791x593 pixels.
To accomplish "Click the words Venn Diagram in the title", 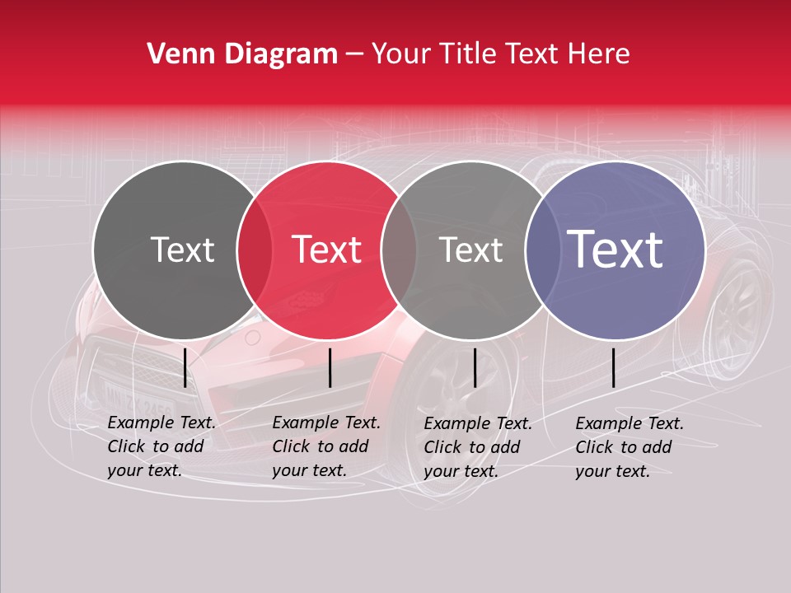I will click(x=242, y=54).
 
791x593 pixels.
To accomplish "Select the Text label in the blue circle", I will click(x=615, y=250).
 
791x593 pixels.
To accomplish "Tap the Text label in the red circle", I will click(x=327, y=250).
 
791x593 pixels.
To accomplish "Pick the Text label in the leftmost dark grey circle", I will click(x=182, y=250).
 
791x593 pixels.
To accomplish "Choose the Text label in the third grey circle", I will click(x=470, y=250).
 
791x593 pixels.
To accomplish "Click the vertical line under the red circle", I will click(x=330, y=367).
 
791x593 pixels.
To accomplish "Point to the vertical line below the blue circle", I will click(x=613, y=367).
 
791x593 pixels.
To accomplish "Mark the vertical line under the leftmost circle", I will click(x=185, y=367).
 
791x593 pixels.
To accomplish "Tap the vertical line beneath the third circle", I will click(x=475, y=367).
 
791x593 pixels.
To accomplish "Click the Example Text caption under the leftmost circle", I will click(x=161, y=446).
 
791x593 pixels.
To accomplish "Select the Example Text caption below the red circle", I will click(x=326, y=446).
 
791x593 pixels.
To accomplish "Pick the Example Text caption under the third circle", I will click(x=478, y=447).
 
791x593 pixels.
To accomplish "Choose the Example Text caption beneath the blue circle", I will click(x=630, y=447).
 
